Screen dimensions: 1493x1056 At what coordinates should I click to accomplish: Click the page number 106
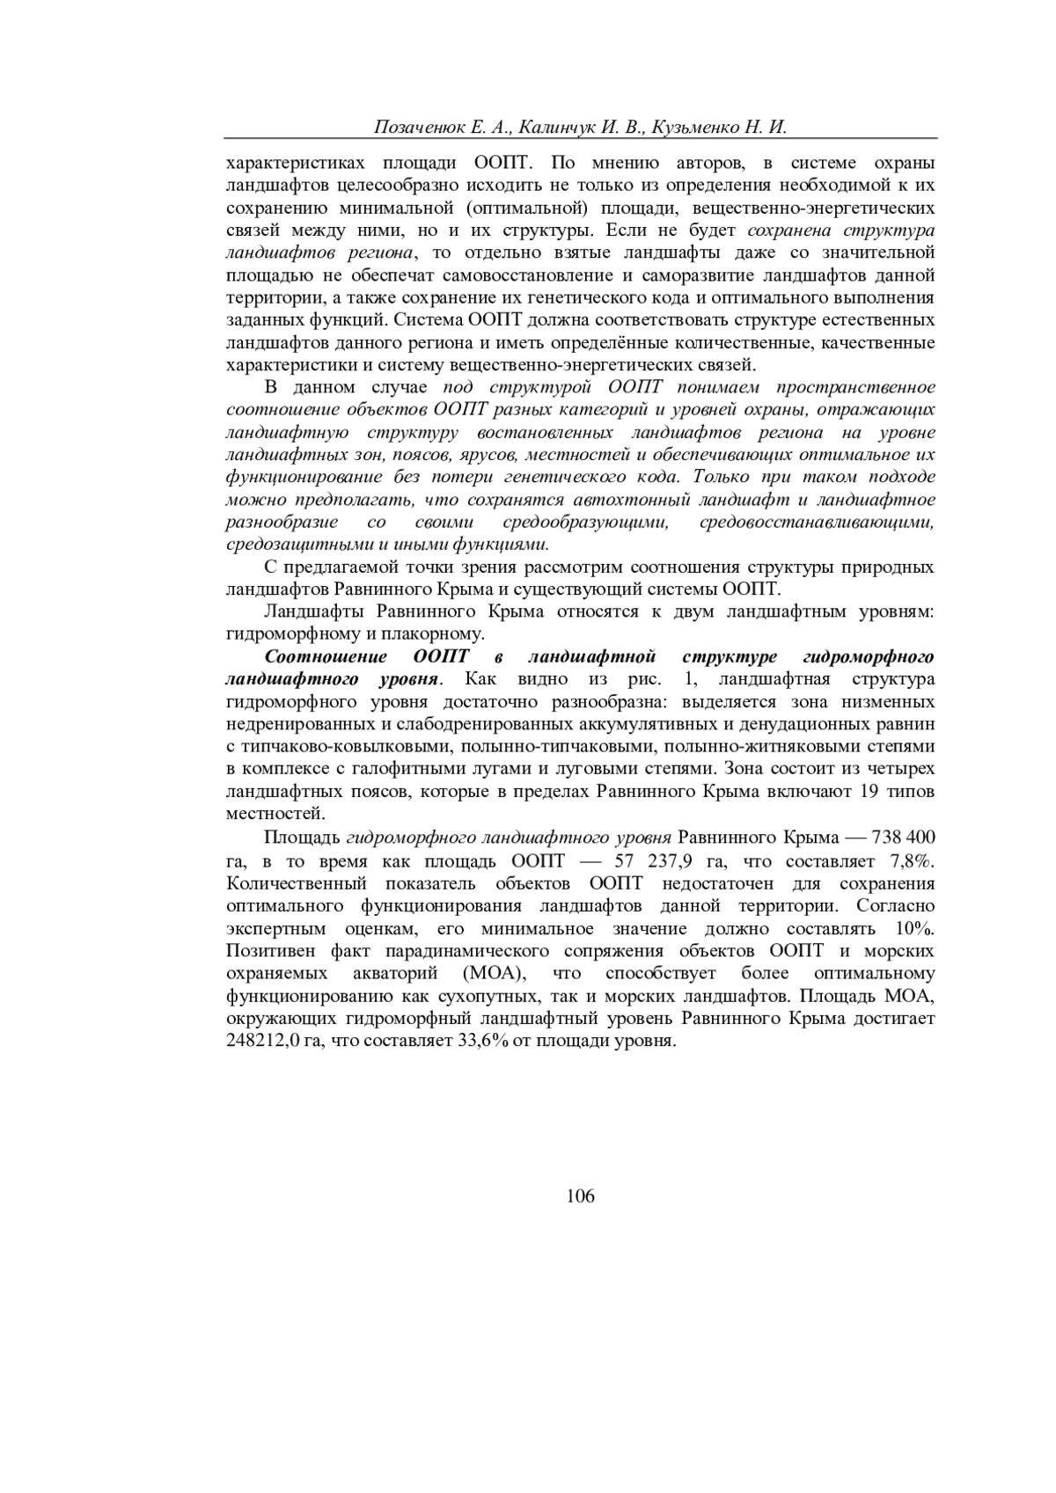pos(581,1196)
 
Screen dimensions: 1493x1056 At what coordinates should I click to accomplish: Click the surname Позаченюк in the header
pos(416,127)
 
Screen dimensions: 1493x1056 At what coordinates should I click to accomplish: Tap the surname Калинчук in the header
pos(558,127)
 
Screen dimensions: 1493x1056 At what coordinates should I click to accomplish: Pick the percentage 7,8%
pos(912,859)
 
